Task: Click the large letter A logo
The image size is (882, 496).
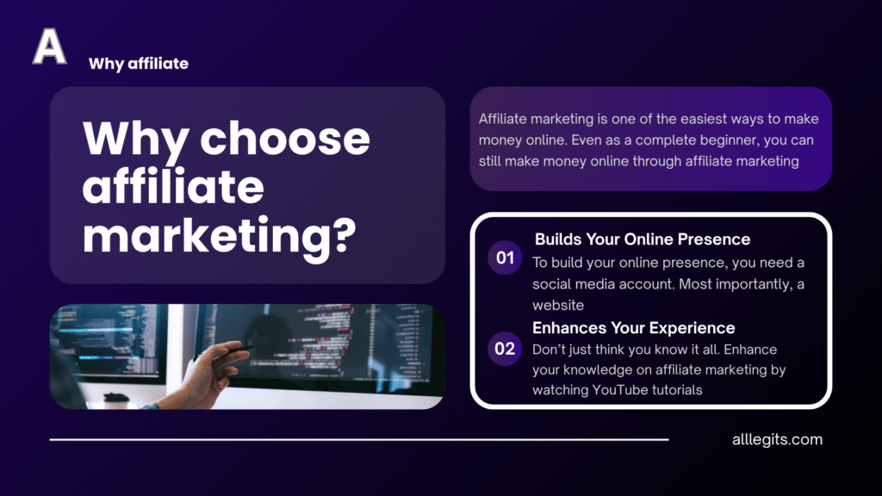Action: (x=49, y=46)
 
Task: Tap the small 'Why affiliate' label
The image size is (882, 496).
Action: (x=139, y=64)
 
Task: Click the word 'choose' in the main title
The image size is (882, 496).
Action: (x=285, y=139)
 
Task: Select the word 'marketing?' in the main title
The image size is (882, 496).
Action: (x=220, y=237)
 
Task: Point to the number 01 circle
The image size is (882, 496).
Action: (x=505, y=257)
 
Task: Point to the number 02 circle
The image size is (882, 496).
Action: (x=505, y=349)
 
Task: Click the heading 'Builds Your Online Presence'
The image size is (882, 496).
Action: (x=643, y=239)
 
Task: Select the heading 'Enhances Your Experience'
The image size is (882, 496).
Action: (x=633, y=328)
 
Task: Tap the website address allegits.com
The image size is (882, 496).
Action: (x=778, y=439)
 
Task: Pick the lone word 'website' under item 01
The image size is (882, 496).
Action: (x=558, y=305)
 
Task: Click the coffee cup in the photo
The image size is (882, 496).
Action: (x=116, y=400)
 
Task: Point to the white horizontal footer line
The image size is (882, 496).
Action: (x=359, y=439)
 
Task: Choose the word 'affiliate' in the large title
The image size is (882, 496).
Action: (x=173, y=187)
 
